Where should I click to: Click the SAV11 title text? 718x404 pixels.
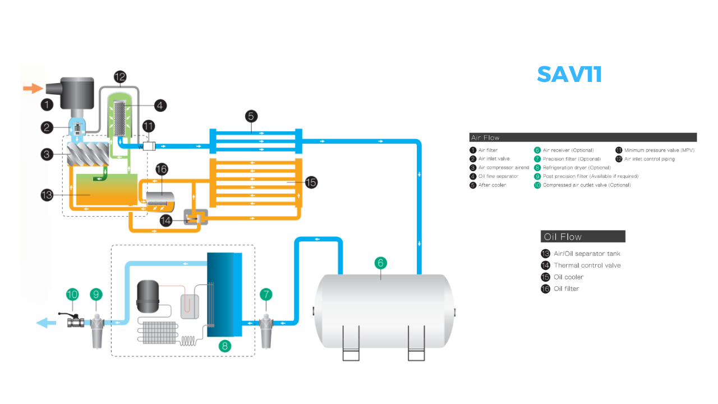coord(569,74)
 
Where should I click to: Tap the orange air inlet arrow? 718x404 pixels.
coord(33,88)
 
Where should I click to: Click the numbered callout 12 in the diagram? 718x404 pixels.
coord(120,77)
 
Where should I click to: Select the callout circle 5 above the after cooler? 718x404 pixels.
coord(251,116)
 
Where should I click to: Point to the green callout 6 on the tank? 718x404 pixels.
coord(380,263)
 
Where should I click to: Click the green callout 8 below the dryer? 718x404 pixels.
coord(225,346)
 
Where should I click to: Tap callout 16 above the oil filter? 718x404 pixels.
coord(162,169)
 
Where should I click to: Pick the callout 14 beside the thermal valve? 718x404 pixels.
coord(166,221)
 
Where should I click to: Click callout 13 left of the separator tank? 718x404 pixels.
coord(48,195)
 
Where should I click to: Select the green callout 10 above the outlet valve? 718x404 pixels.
coord(72,293)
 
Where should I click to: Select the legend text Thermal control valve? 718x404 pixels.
coord(587,265)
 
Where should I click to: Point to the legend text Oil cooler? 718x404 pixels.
coord(568,277)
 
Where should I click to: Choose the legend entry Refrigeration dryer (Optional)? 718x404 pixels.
coord(576,168)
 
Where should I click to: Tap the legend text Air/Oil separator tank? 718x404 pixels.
coord(587,254)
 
